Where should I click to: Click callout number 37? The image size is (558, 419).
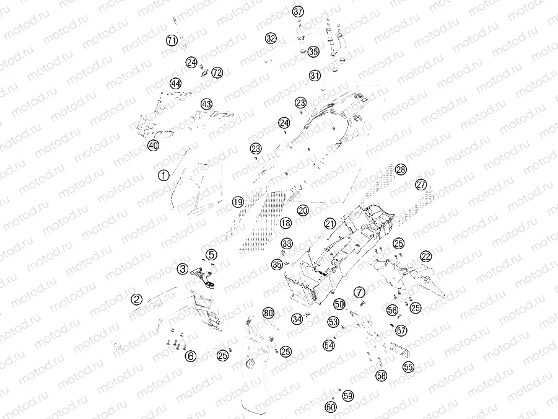299,12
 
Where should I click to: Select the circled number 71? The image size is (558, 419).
172,40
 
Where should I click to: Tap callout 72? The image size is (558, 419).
217,73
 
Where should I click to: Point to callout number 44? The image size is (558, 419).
175,84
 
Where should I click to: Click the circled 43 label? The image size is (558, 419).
207,104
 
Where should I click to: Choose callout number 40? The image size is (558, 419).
154,146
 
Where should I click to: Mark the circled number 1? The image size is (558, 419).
163,175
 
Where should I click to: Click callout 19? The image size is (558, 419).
238,203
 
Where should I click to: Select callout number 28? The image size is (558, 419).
401,170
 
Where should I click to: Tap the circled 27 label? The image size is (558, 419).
421,185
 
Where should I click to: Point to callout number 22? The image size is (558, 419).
425,256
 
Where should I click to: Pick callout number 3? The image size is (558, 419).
183,268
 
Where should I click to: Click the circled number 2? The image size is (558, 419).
137,299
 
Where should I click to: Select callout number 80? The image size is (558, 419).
269,313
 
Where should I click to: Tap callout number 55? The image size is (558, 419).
409,367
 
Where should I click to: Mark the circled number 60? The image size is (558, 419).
331,407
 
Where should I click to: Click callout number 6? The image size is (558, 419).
191,356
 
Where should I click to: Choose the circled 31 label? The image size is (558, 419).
315,76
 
